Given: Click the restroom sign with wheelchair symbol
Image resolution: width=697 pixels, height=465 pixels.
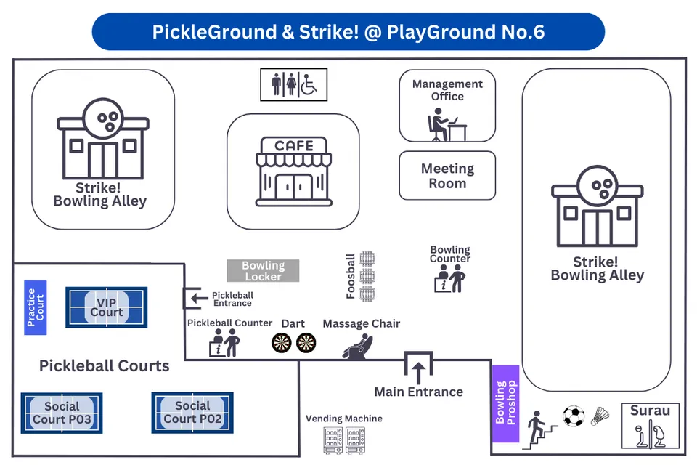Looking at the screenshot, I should tap(294, 84).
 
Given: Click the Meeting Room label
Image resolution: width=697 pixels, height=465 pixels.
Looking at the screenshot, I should tap(447, 176).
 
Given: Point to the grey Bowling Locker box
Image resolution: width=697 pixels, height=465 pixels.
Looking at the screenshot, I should tap(263, 271).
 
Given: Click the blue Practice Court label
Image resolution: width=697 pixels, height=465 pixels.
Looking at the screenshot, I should tap(36, 307).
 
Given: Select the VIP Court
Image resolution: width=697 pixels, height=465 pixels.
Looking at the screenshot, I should tap(106, 307).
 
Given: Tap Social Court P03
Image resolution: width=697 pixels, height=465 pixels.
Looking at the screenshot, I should tap(62, 413).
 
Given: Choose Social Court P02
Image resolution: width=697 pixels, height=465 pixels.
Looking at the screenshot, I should tap(192, 413).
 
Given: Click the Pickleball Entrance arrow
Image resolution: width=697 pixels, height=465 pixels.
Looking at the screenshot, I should tap(195, 298).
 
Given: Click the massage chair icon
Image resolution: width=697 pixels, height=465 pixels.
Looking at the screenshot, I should tap(357, 346).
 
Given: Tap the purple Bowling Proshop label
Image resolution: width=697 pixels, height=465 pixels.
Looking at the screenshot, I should tap(505, 403).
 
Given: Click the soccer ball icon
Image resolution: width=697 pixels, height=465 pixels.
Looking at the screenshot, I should tap(574, 416).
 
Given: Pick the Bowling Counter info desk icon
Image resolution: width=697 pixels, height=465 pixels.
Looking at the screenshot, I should tap(449, 278).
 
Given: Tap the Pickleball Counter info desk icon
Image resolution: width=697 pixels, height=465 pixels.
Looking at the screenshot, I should tap(224, 342).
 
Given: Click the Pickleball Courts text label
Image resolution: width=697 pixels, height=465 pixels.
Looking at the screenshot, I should tap(105, 365).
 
